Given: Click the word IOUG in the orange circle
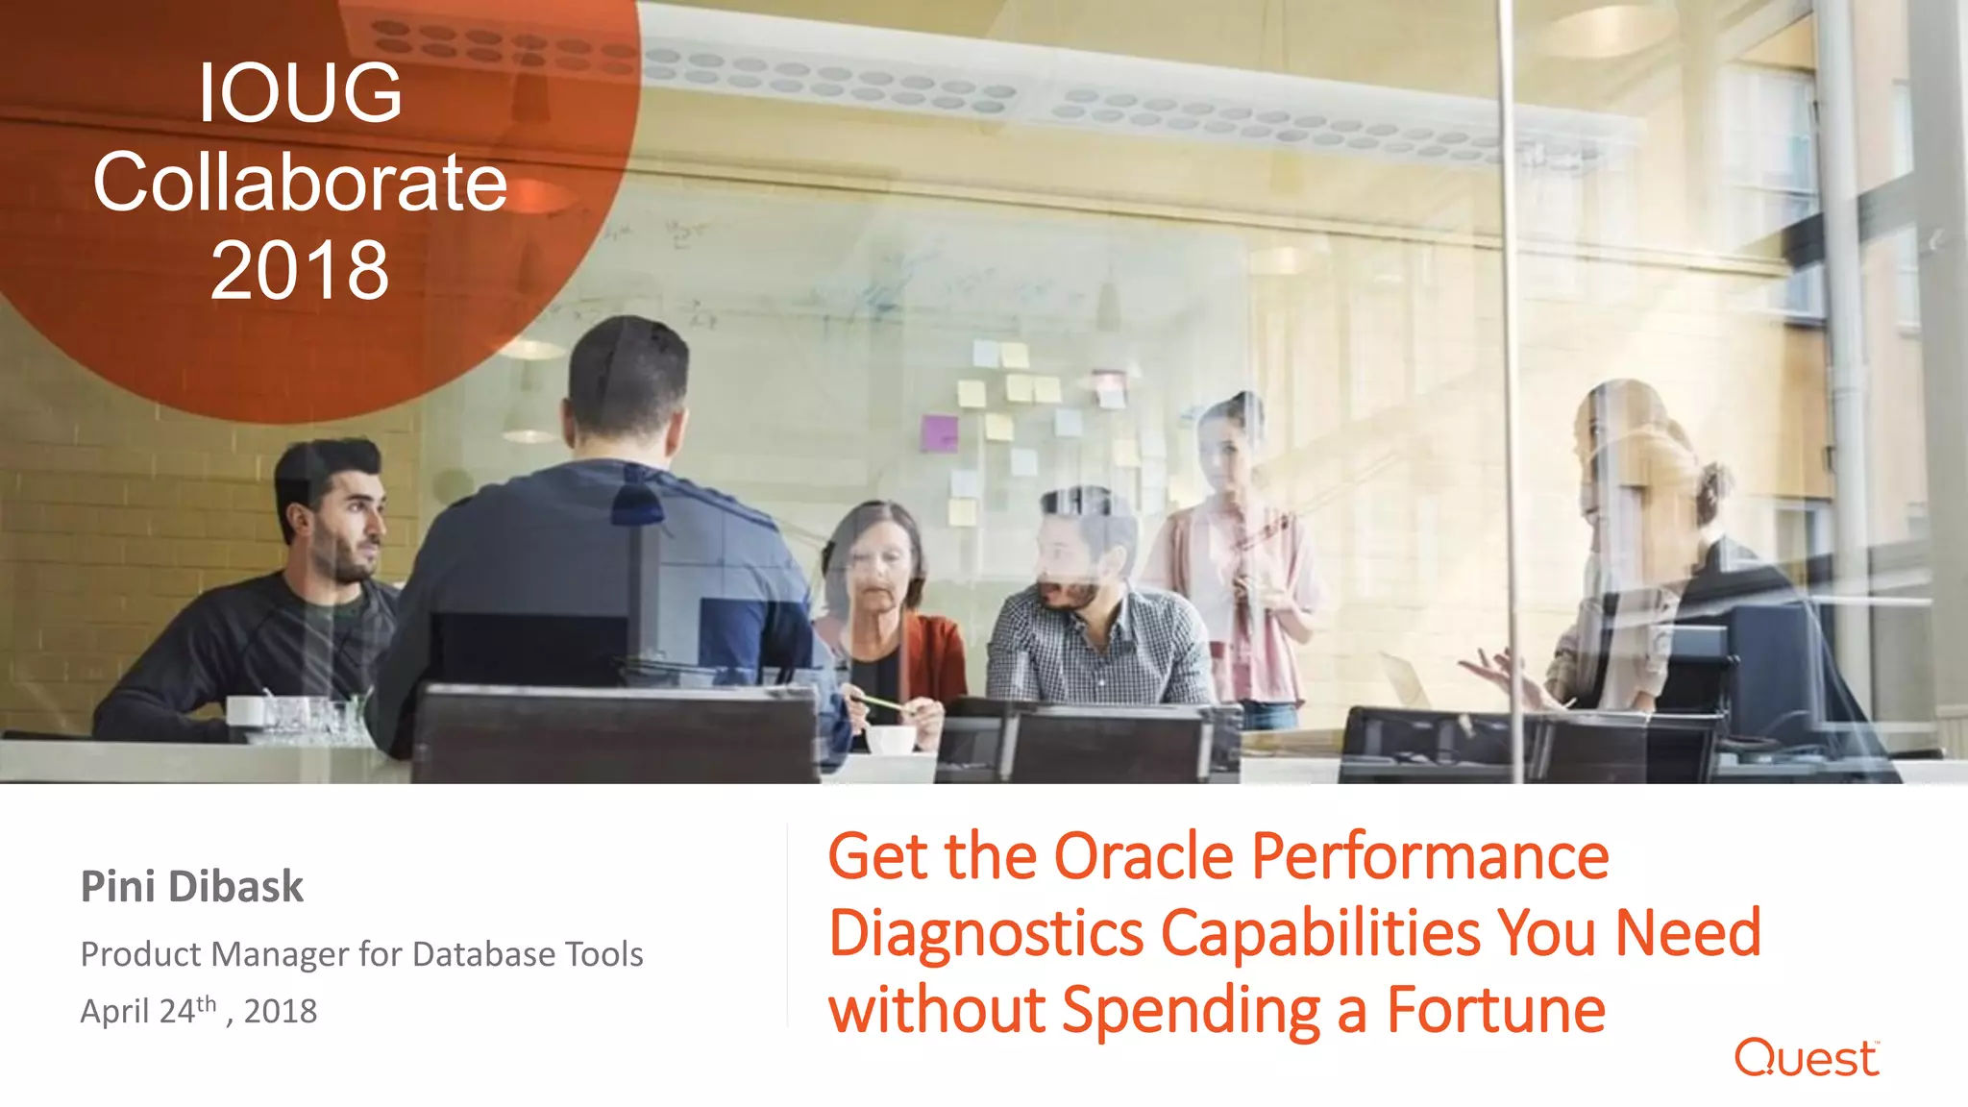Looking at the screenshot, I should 300,93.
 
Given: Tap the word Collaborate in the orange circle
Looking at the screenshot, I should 300,183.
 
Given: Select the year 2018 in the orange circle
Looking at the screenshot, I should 300,271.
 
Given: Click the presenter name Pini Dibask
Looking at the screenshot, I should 192,886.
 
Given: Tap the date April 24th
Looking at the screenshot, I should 149,1011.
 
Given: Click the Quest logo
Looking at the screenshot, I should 1806,1058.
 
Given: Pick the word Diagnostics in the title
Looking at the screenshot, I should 986,933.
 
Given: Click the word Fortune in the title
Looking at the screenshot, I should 1495,1010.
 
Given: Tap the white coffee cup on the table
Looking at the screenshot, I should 891,739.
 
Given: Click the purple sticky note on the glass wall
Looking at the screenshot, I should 939,432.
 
